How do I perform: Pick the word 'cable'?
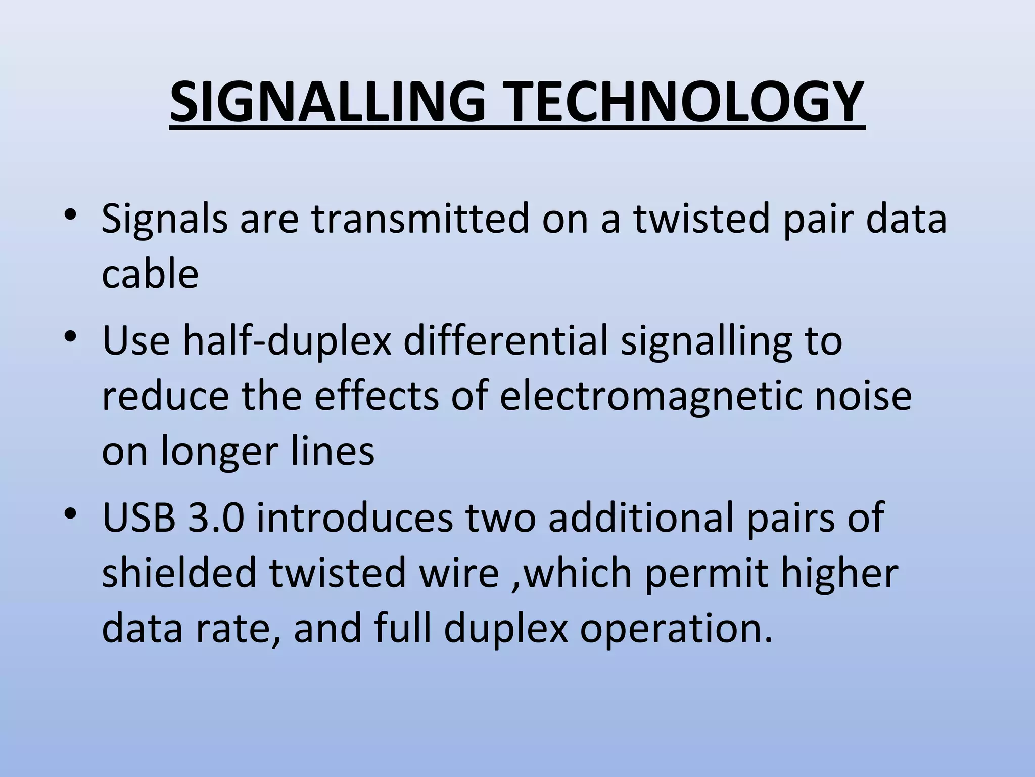pos(150,274)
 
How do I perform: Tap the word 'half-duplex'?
pos(287,341)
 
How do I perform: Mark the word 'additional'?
pos(640,517)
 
